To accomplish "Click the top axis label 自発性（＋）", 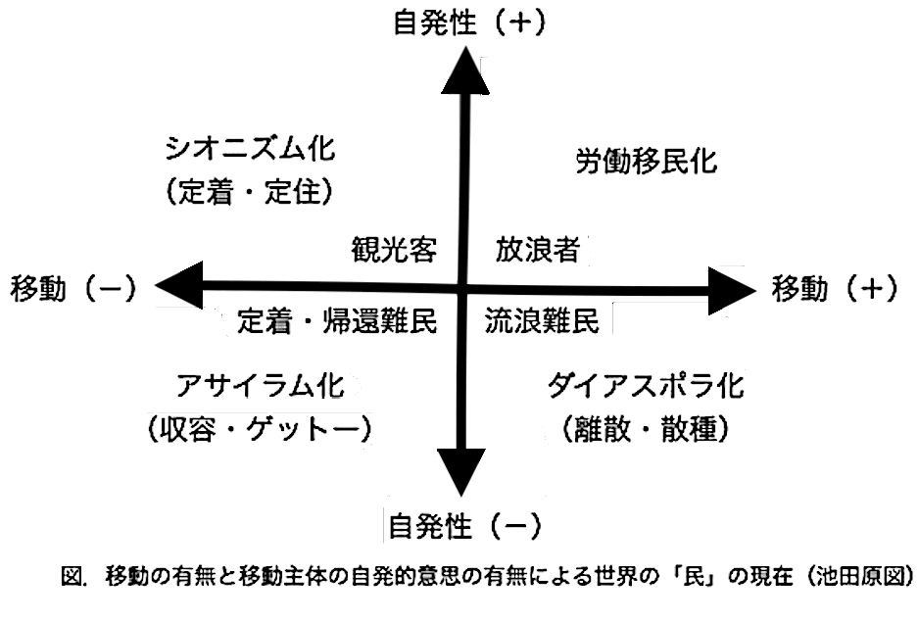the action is point(469,24).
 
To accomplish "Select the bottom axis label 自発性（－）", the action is point(464,526).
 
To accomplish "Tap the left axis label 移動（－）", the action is point(73,289).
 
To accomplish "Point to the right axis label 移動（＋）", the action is point(835,288).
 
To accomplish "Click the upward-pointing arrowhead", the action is point(465,71).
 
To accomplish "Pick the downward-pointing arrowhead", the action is point(461,472).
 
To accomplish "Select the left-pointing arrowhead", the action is point(178,285).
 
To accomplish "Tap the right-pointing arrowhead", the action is point(733,291).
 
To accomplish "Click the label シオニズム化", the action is point(250,148).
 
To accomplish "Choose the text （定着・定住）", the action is point(250,191).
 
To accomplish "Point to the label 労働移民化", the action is point(647,161).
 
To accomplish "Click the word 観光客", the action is point(394,249).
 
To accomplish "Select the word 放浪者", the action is point(538,249).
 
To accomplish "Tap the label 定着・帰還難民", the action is point(337,320).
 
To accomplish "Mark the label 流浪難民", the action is point(542,320).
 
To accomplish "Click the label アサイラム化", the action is point(260,386).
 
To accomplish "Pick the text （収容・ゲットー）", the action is point(260,430).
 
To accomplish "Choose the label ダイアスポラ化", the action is point(646,386).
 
